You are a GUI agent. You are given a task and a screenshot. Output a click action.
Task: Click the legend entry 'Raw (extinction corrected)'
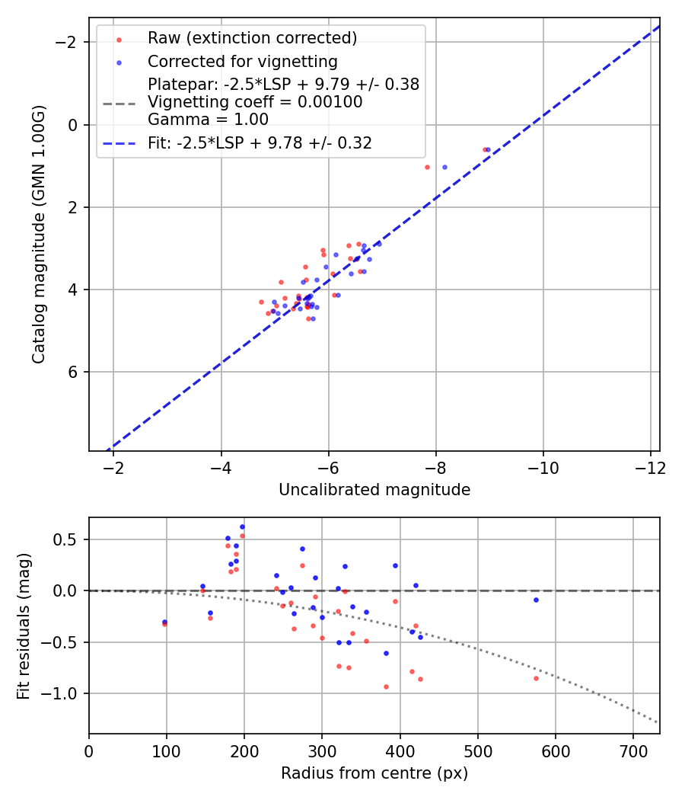point(252,38)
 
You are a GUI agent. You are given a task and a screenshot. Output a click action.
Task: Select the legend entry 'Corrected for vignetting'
point(242,61)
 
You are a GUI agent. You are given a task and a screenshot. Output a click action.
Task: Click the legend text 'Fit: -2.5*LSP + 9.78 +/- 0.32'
point(260,143)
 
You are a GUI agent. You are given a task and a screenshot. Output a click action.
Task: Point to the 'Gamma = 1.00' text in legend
point(208,120)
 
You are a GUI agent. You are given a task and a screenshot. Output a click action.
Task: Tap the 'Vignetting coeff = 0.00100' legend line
point(255,102)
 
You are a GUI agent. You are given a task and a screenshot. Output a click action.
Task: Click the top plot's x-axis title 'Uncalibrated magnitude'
point(374,490)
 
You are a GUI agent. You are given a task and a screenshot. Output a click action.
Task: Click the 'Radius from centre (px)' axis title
point(374,773)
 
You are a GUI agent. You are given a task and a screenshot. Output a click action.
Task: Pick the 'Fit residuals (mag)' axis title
point(24,626)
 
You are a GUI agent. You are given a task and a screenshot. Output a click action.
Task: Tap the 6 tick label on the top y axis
point(73,372)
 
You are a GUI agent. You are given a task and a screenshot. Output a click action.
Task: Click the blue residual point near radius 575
point(536,600)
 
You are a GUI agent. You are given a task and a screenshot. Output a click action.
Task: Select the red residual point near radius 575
point(536,678)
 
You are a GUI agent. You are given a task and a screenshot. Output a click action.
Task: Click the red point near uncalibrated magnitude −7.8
point(427,167)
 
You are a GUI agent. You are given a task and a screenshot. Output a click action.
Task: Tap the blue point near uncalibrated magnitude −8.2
point(444,167)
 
